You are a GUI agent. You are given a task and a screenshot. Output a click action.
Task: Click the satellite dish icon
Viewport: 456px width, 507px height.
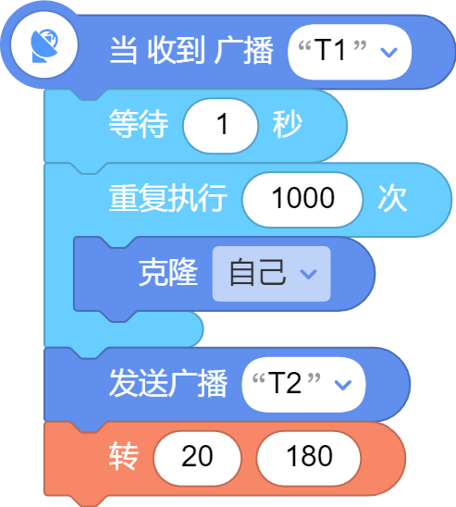point(44,45)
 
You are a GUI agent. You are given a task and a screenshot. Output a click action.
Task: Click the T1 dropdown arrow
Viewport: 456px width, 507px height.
point(388,52)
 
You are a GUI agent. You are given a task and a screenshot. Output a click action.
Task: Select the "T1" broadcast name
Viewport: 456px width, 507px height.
point(332,50)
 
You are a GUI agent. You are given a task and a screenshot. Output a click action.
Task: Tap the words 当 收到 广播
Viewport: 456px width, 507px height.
point(191,51)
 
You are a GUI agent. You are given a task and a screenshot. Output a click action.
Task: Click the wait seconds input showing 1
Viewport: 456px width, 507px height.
point(221,126)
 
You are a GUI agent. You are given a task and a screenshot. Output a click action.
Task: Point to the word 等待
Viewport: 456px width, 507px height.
point(139,124)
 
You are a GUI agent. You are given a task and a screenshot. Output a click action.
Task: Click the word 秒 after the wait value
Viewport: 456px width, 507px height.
point(288,124)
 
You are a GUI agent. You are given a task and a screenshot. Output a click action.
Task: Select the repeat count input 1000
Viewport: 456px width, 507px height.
point(302,200)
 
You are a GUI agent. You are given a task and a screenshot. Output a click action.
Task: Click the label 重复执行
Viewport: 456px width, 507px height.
point(168,198)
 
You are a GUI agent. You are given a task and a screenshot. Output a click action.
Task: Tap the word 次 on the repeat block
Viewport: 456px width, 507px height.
point(393,198)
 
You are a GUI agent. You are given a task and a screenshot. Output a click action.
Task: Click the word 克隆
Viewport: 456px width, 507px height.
point(168,272)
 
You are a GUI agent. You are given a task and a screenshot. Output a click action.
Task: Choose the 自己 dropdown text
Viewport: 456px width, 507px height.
point(257,272)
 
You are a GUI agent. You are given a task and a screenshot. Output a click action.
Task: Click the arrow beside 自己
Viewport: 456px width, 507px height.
point(308,274)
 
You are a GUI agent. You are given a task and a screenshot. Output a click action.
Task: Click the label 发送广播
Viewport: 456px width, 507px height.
point(168,383)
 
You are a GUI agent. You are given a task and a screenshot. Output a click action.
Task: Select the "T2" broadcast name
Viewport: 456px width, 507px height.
point(286,383)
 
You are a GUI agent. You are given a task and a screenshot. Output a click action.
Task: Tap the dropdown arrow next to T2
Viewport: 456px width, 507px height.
point(342,385)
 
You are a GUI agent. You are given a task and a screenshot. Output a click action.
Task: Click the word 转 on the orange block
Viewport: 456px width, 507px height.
point(124,456)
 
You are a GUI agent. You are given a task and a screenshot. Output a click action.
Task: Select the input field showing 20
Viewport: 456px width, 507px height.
point(197,459)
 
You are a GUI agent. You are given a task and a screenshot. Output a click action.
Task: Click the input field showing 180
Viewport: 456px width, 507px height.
point(309,459)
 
